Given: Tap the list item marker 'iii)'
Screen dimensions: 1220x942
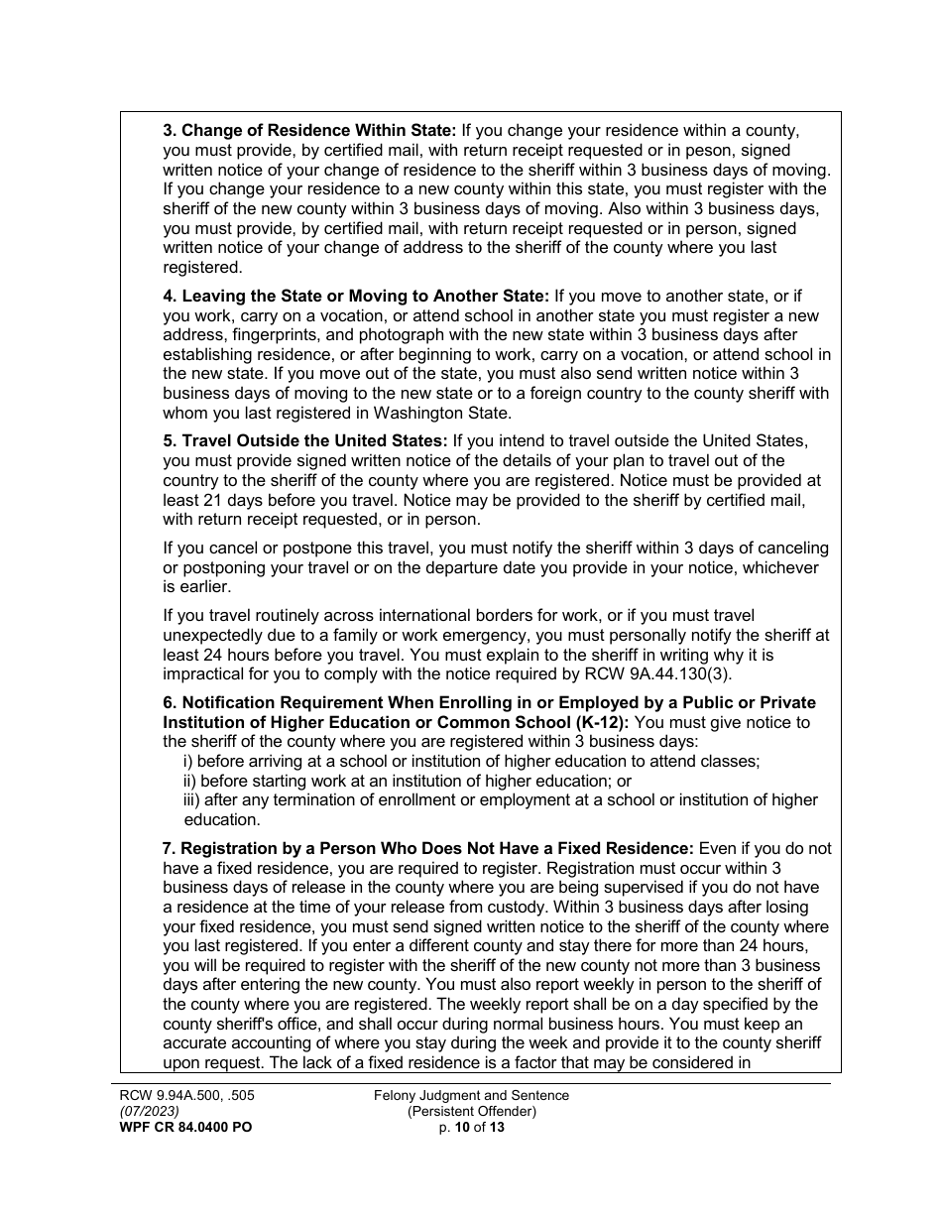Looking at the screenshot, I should pyautogui.click(x=195, y=799).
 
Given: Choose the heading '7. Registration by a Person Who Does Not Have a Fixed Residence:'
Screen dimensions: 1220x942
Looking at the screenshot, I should pyautogui.click(x=427, y=848).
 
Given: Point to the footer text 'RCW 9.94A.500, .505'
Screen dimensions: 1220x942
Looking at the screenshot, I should pyautogui.click(x=188, y=1095).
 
